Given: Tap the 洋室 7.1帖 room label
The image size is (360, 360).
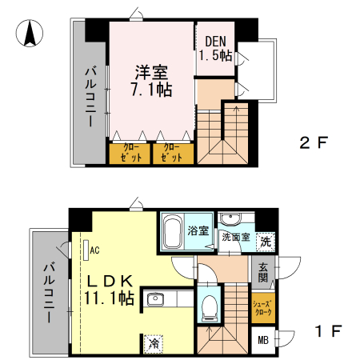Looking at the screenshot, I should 152,79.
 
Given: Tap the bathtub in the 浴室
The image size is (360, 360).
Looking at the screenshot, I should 172,233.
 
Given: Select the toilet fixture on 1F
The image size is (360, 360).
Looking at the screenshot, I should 210,305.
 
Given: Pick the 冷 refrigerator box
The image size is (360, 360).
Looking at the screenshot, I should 152,343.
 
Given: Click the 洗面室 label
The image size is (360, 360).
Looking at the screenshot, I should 235,238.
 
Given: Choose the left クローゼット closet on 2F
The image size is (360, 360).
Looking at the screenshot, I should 129,153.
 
